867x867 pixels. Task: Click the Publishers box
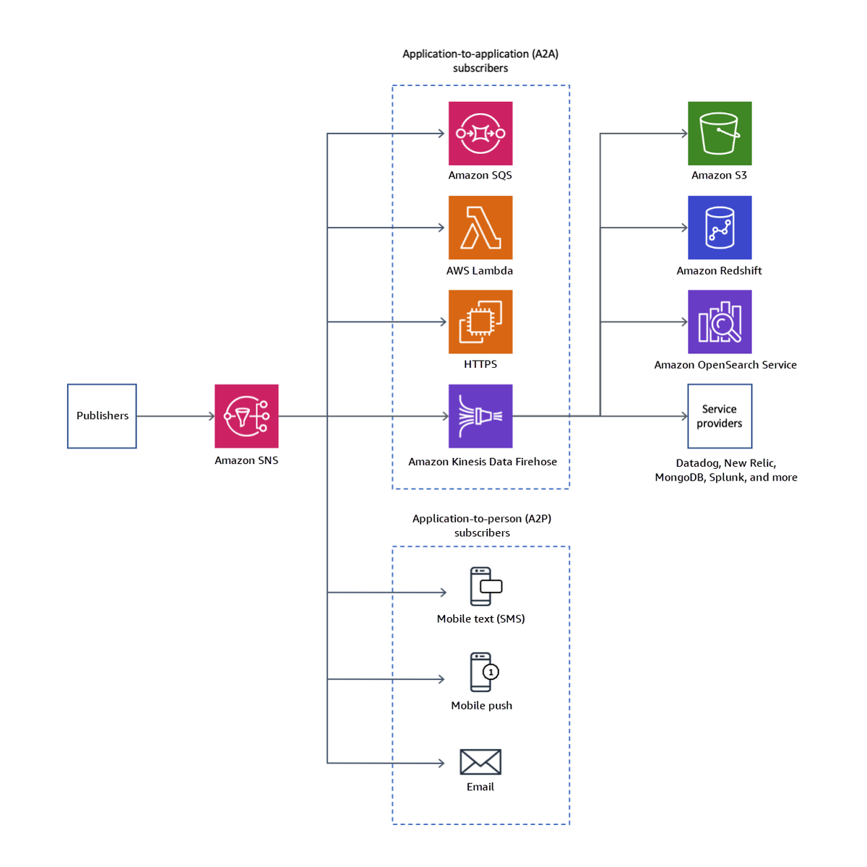[x=102, y=416]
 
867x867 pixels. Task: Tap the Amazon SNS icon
[x=246, y=416]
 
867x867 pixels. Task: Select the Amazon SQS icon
[x=480, y=134]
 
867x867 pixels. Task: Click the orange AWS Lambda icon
[x=480, y=228]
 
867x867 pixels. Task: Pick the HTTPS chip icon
[x=480, y=322]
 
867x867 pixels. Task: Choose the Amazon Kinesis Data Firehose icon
[x=480, y=416]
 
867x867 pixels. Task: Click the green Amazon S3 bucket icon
[x=720, y=134]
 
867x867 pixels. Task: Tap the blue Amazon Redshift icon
[x=720, y=228]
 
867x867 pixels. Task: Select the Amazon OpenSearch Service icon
[x=720, y=322]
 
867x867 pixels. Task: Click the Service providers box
[x=720, y=416]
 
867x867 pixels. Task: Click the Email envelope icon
[x=480, y=762]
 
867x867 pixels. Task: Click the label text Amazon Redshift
[x=719, y=271]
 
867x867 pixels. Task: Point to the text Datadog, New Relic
[x=725, y=463]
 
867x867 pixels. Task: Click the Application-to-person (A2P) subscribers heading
[x=482, y=525]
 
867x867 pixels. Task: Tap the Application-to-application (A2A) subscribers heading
[x=480, y=61]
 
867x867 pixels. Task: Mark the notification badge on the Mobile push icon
[x=491, y=672]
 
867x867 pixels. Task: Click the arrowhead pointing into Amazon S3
[x=683, y=134]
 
